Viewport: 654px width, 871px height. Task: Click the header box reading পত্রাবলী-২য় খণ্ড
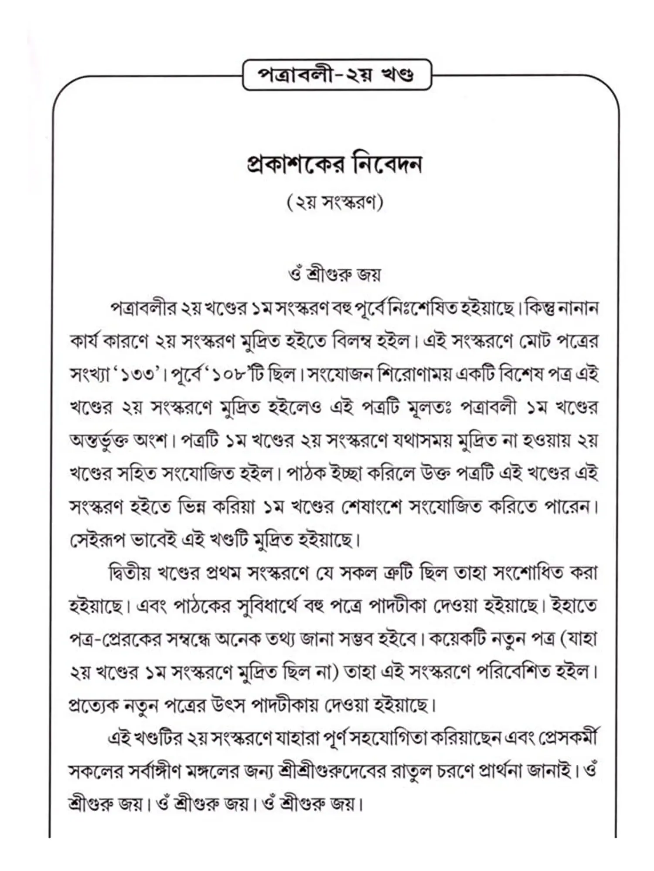[336, 75]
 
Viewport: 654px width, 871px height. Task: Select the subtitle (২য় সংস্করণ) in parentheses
[335, 203]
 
